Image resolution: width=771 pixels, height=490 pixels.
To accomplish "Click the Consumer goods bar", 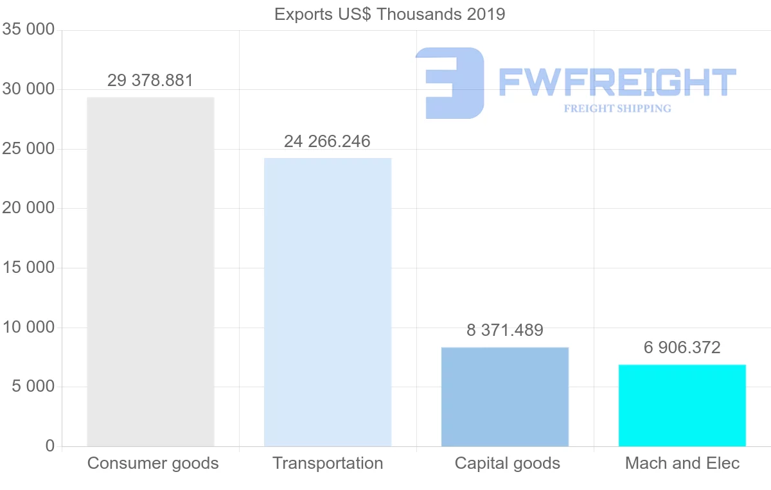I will [x=150, y=272].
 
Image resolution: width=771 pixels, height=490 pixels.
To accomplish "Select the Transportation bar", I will [x=328, y=302].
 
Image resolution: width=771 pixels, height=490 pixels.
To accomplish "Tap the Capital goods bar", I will [x=505, y=397].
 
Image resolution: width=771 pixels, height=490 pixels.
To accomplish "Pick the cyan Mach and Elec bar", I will [x=682, y=405].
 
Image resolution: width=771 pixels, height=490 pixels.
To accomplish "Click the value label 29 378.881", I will [x=150, y=81].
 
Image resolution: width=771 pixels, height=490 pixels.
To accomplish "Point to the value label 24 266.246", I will [x=327, y=141].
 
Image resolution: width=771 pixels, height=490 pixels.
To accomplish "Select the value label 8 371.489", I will [x=505, y=331].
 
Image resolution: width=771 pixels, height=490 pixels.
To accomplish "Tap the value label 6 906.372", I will [x=682, y=348].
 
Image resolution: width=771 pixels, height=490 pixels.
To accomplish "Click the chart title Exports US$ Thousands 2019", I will [x=390, y=14].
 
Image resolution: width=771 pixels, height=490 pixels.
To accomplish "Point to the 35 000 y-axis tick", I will [x=28, y=30].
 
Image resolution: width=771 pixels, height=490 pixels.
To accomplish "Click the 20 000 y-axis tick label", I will [x=28, y=209].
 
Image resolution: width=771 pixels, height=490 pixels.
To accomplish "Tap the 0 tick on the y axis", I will [x=50, y=446].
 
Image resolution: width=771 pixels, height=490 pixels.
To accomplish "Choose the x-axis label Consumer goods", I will [x=153, y=463].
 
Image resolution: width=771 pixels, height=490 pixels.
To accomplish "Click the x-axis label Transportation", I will [x=328, y=463].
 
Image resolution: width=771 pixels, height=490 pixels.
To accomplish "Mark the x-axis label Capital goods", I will [x=508, y=463].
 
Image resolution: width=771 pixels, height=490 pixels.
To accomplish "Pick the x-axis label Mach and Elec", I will [x=682, y=463].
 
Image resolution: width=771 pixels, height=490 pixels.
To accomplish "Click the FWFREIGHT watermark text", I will [x=617, y=82].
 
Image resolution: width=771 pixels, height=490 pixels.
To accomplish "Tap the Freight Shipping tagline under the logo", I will [x=617, y=109].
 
